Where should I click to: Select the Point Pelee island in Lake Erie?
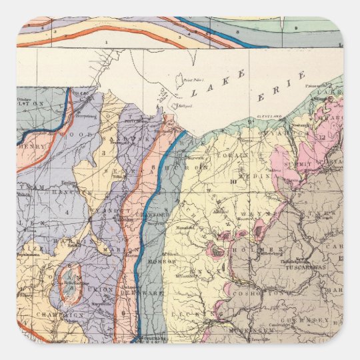click(182, 82)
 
